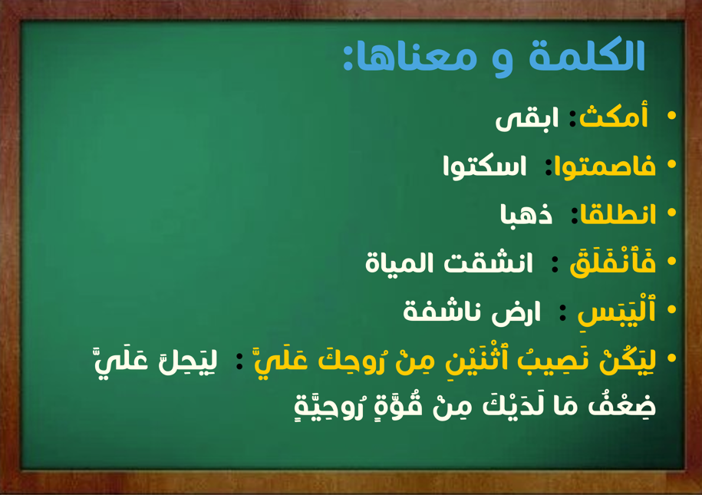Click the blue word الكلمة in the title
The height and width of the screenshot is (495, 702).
tap(587, 55)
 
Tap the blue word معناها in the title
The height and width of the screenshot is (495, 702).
tap(417, 58)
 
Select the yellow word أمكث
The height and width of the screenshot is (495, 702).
tap(614, 116)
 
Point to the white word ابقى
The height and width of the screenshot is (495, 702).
tap(527, 119)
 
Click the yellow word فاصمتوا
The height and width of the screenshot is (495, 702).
tap(605, 167)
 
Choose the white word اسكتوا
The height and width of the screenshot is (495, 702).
tap(484, 167)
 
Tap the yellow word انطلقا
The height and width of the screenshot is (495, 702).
tap(618, 213)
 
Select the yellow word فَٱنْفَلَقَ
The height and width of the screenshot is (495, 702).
tap(612, 262)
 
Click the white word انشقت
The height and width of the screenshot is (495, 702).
tap(488, 262)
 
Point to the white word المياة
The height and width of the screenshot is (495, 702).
tap(400, 262)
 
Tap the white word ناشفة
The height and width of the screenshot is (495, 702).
tap(442, 312)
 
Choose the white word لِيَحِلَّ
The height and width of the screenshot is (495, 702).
tap(188, 361)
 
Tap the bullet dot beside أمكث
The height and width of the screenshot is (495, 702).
tap(671, 116)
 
